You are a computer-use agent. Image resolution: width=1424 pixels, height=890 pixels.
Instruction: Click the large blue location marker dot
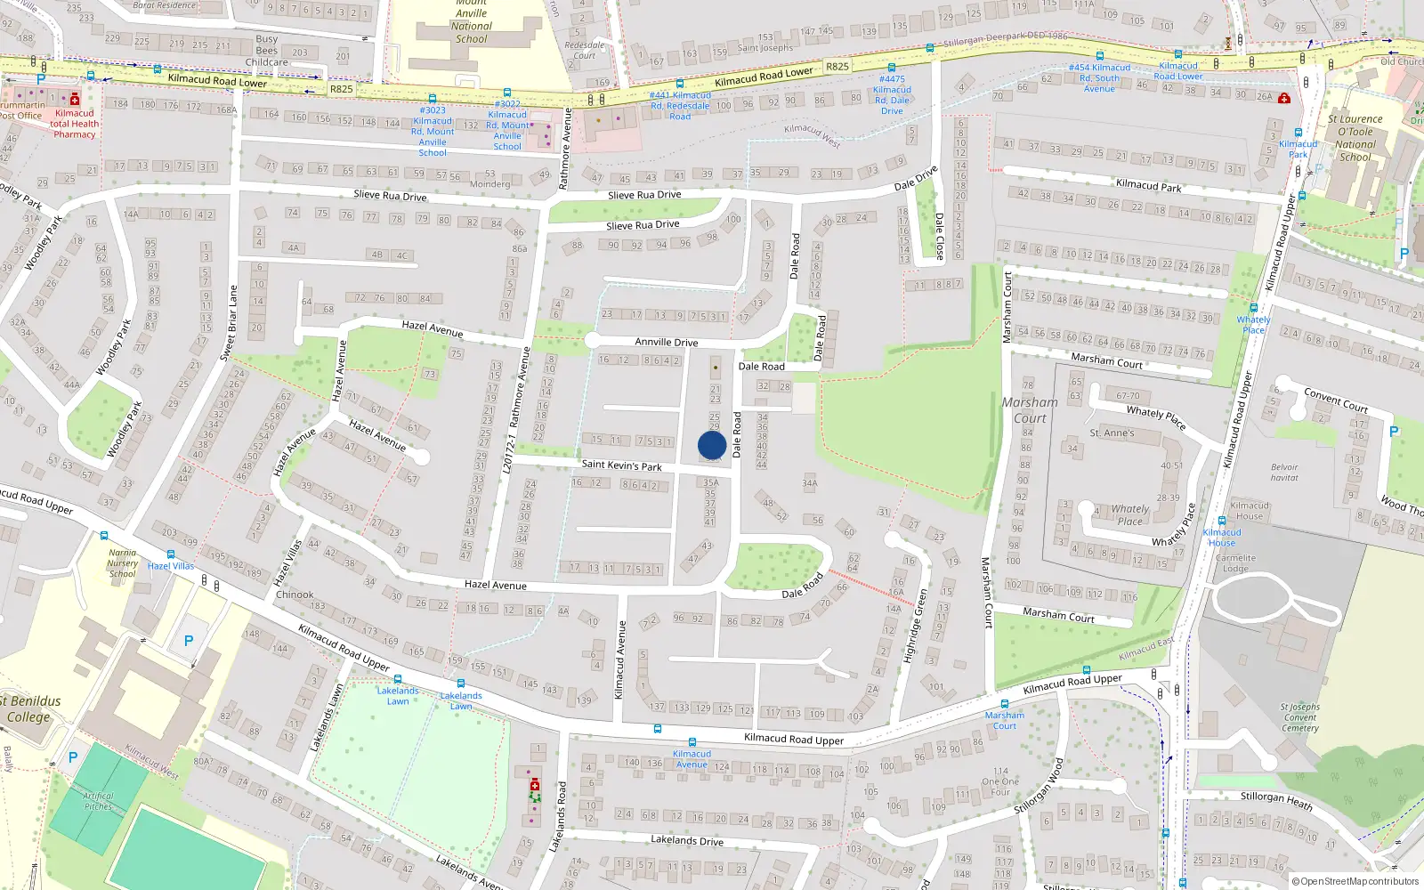pos(712,445)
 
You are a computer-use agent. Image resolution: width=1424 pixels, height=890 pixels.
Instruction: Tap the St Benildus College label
pos(30,708)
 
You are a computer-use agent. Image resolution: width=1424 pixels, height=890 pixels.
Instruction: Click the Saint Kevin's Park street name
pos(621,465)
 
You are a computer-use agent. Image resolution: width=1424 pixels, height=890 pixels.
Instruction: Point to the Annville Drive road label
pos(666,342)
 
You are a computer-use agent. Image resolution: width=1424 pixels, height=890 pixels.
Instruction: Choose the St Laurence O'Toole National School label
pos(1355,138)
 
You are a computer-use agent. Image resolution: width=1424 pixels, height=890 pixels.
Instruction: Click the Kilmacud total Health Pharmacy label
pos(75,124)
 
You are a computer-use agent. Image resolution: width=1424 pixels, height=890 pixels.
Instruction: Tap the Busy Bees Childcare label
pos(267,51)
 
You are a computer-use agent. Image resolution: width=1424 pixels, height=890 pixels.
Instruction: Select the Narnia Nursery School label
pos(123,563)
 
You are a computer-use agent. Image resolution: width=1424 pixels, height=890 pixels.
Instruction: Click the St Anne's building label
pos(1112,433)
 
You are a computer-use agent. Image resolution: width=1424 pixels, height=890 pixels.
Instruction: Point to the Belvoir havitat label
pos(1284,473)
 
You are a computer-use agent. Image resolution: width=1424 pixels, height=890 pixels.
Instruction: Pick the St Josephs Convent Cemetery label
pos(1300,717)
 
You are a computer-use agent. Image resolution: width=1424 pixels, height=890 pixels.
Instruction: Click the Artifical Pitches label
pos(99,801)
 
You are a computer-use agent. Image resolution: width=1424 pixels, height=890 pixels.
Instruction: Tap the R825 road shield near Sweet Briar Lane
pos(342,89)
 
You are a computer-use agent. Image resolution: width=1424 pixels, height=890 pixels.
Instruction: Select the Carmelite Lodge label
pos(1235,563)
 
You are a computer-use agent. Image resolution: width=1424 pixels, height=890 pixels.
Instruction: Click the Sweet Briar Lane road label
pos(229,322)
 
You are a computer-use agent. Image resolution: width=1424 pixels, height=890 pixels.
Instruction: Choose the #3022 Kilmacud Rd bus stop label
pos(507,125)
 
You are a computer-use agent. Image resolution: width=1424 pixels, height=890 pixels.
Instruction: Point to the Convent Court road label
pos(1335,400)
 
